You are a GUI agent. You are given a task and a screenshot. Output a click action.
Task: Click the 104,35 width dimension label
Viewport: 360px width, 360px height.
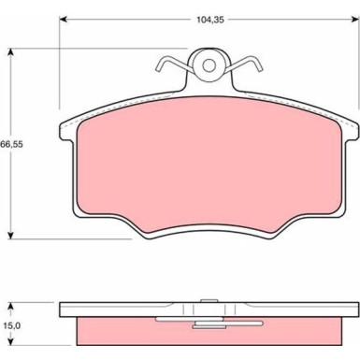210,20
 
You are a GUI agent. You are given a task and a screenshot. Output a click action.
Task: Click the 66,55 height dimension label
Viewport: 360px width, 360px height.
12,145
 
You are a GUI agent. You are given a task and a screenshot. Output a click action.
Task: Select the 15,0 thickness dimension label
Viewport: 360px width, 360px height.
13,325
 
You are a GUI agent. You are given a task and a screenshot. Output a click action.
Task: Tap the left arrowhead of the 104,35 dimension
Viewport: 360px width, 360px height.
64,20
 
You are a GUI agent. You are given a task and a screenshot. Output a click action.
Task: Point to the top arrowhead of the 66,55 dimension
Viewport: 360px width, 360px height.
11,52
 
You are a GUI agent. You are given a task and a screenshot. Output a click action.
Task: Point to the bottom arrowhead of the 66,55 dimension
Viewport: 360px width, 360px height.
11,235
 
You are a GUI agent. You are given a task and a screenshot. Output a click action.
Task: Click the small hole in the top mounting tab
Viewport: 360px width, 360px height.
209,65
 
